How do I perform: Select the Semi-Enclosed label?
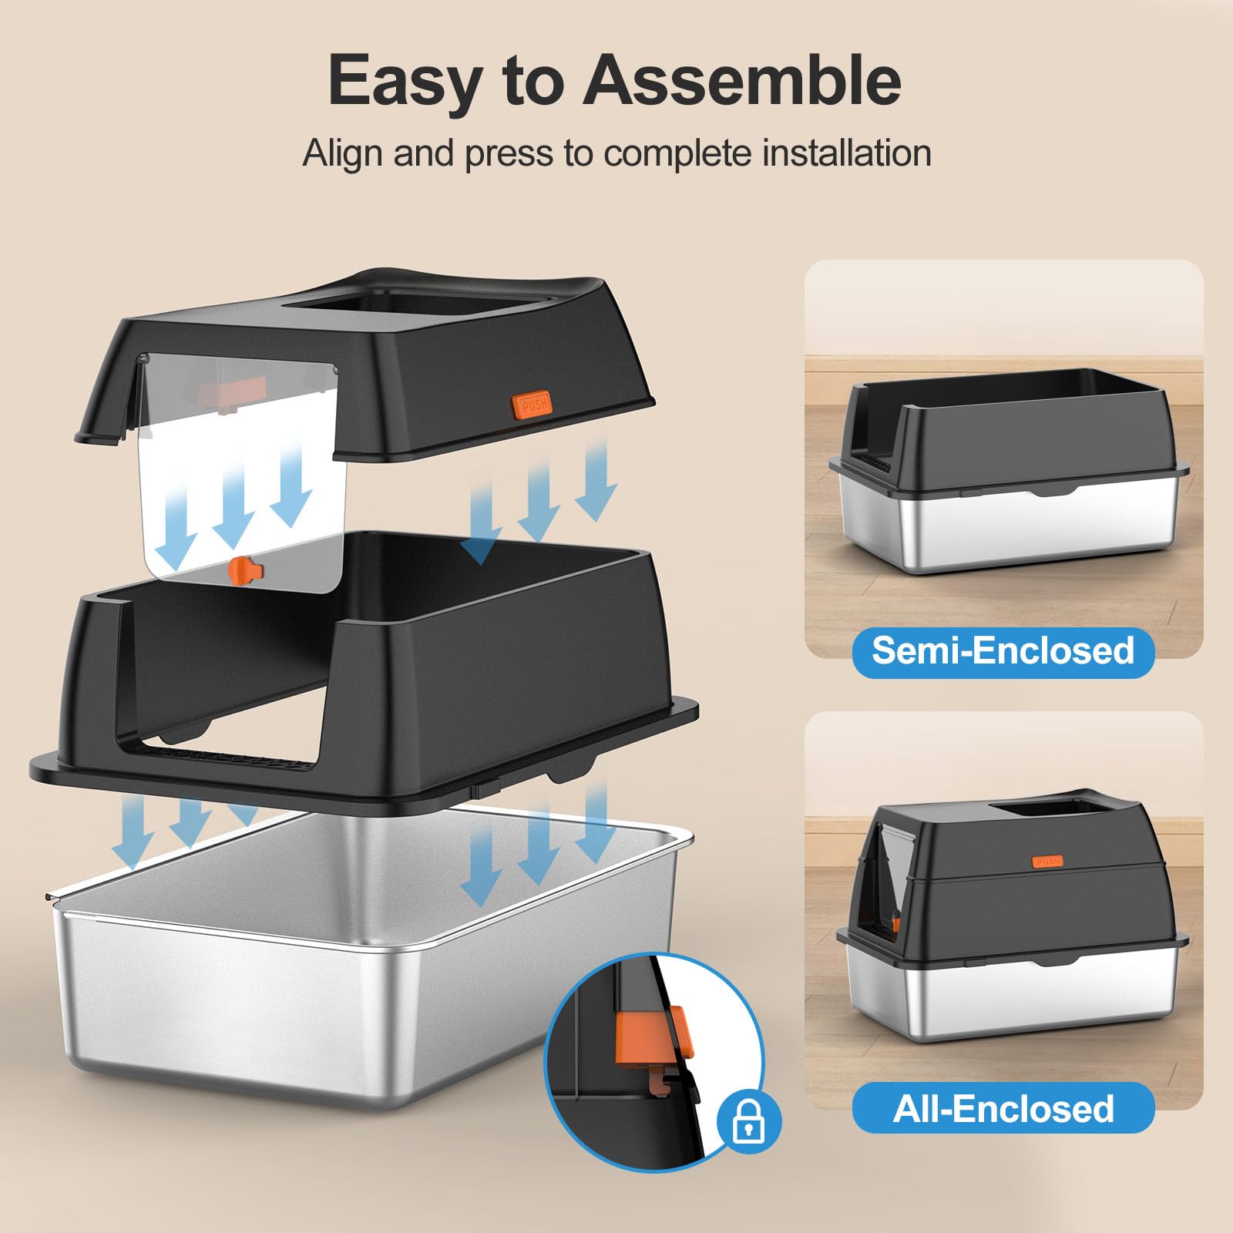click(x=1003, y=651)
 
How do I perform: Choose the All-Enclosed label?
click(x=1003, y=1109)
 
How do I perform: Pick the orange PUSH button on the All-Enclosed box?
click(x=1047, y=861)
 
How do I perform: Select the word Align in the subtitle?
click(x=343, y=153)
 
